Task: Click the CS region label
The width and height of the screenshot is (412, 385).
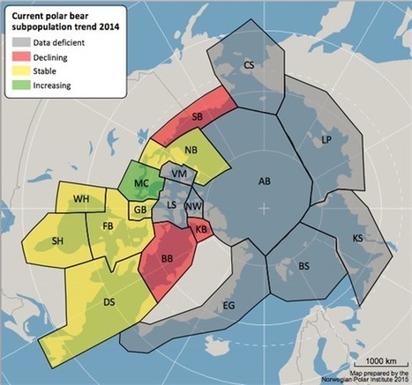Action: pyautogui.click(x=249, y=65)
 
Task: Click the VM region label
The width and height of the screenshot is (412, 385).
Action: pyautogui.click(x=179, y=174)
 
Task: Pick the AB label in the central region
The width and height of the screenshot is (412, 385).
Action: pyautogui.click(x=263, y=181)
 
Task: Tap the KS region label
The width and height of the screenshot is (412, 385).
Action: pyautogui.click(x=358, y=239)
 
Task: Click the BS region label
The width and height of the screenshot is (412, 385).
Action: pyautogui.click(x=303, y=265)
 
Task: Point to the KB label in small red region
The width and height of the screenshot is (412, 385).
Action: pyautogui.click(x=201, y=229)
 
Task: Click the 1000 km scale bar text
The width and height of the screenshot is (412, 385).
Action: pyautogui.click(x=376, y=362)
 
